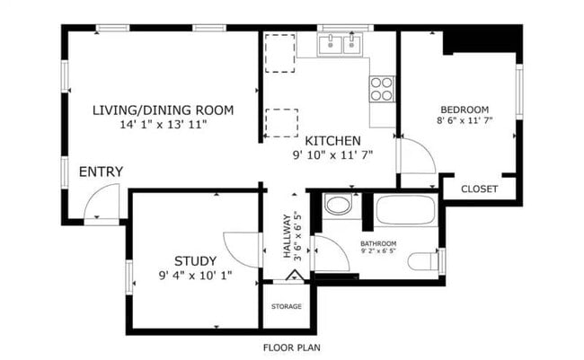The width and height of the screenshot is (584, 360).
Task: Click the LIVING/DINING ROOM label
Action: pyautogui.click(x=164, y=110)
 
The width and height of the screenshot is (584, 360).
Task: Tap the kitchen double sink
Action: pyautogui.click(x=340, y=44)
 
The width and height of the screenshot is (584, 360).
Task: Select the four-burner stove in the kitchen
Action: pyautogui.click(x=382, y=89)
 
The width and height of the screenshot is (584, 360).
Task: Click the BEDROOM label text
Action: pyautogui.click(x=465, y=110)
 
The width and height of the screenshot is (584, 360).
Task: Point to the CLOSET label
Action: pyautogui.click(x=480, y=189)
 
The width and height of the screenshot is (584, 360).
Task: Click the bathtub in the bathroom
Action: pyautogui.click(x=405, y=209)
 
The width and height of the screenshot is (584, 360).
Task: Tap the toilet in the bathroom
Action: pyautogui.click(x=424, y=261)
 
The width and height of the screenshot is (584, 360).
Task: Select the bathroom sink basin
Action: pyautogui.click(x=338, y=205)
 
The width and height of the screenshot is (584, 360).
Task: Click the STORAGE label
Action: pyautogui.click(x=287, y=306)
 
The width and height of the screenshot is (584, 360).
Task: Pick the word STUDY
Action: pyautogui.click(x=196, y=261)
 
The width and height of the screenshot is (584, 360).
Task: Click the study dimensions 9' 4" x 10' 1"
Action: pyautogui.click(x=196, y=276)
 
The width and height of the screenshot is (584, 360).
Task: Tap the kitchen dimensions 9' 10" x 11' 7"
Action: pyautogui.click(x=333, y=155)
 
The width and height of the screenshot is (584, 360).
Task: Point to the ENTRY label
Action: pyautogui.click(x=101, y=171)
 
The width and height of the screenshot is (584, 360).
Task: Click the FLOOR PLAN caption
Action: pyautogui.click(x=292, y=347)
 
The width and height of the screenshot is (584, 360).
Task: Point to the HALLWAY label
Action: pyautogui.click(x=287, y=236)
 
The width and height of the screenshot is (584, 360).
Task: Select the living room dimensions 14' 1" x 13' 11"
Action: pyautogui.click(x=164, y=125)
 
